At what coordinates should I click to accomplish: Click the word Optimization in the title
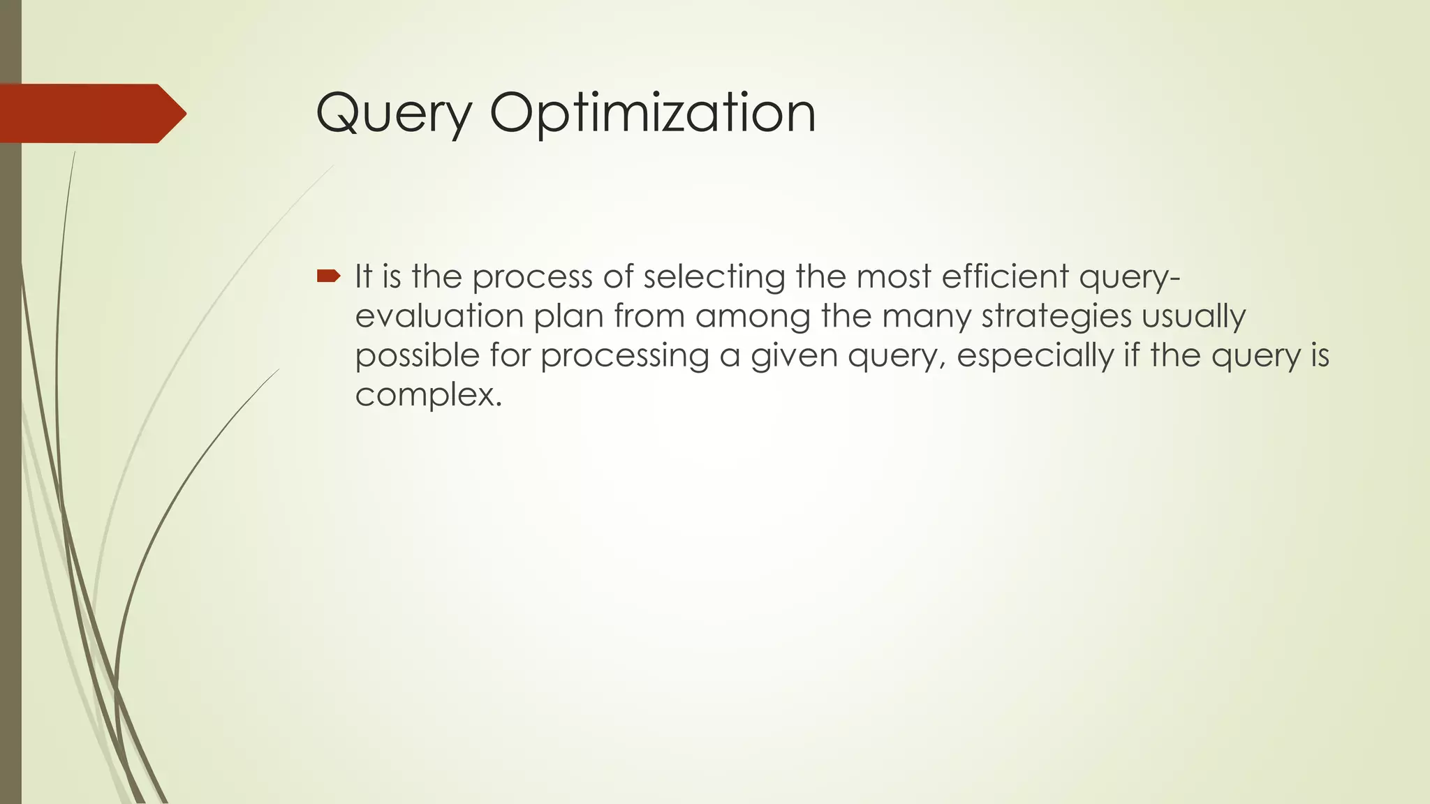click(x=652, y=113)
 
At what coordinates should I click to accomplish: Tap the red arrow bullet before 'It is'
click(x=328, y=276)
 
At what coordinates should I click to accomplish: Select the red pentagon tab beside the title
click(x=91, y=114)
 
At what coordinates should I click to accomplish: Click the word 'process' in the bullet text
click(x=532, y=277)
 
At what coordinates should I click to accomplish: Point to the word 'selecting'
click(x=714, y=277)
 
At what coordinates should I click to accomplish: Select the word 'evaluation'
click(x=439, y=316)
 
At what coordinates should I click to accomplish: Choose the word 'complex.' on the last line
click(x=428, y=396)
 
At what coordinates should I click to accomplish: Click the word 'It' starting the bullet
click(x=363, y=276)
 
